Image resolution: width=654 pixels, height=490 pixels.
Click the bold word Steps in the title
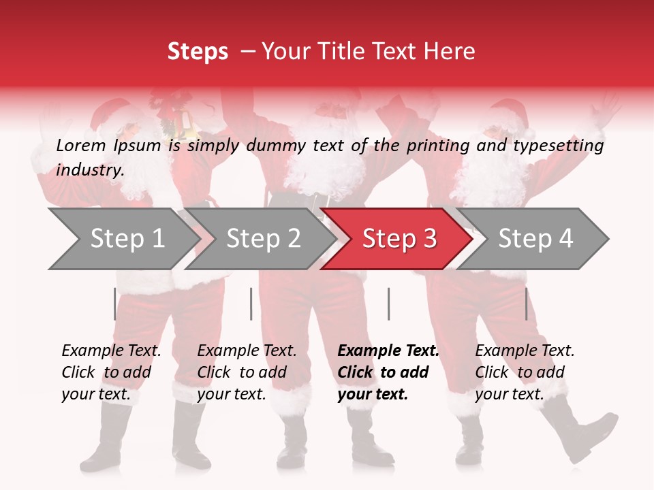[198, 52]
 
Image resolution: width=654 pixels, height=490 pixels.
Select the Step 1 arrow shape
[123, 239]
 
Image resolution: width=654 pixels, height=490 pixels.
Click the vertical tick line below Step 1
[114, 304]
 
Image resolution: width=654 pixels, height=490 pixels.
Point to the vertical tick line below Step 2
[251, 304]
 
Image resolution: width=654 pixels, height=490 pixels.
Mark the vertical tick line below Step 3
[388, 304]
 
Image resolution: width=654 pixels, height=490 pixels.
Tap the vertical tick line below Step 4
[526, 304]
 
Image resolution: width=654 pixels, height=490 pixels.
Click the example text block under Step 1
[111, 372]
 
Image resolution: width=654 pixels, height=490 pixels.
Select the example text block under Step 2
[247, 372]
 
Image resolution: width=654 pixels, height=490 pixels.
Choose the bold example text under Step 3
[388, 372]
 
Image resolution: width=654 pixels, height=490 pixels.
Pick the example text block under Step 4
[525, 372]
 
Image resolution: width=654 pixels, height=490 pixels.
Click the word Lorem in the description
[81, 146]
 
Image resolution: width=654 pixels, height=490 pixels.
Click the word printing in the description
[436, 146]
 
